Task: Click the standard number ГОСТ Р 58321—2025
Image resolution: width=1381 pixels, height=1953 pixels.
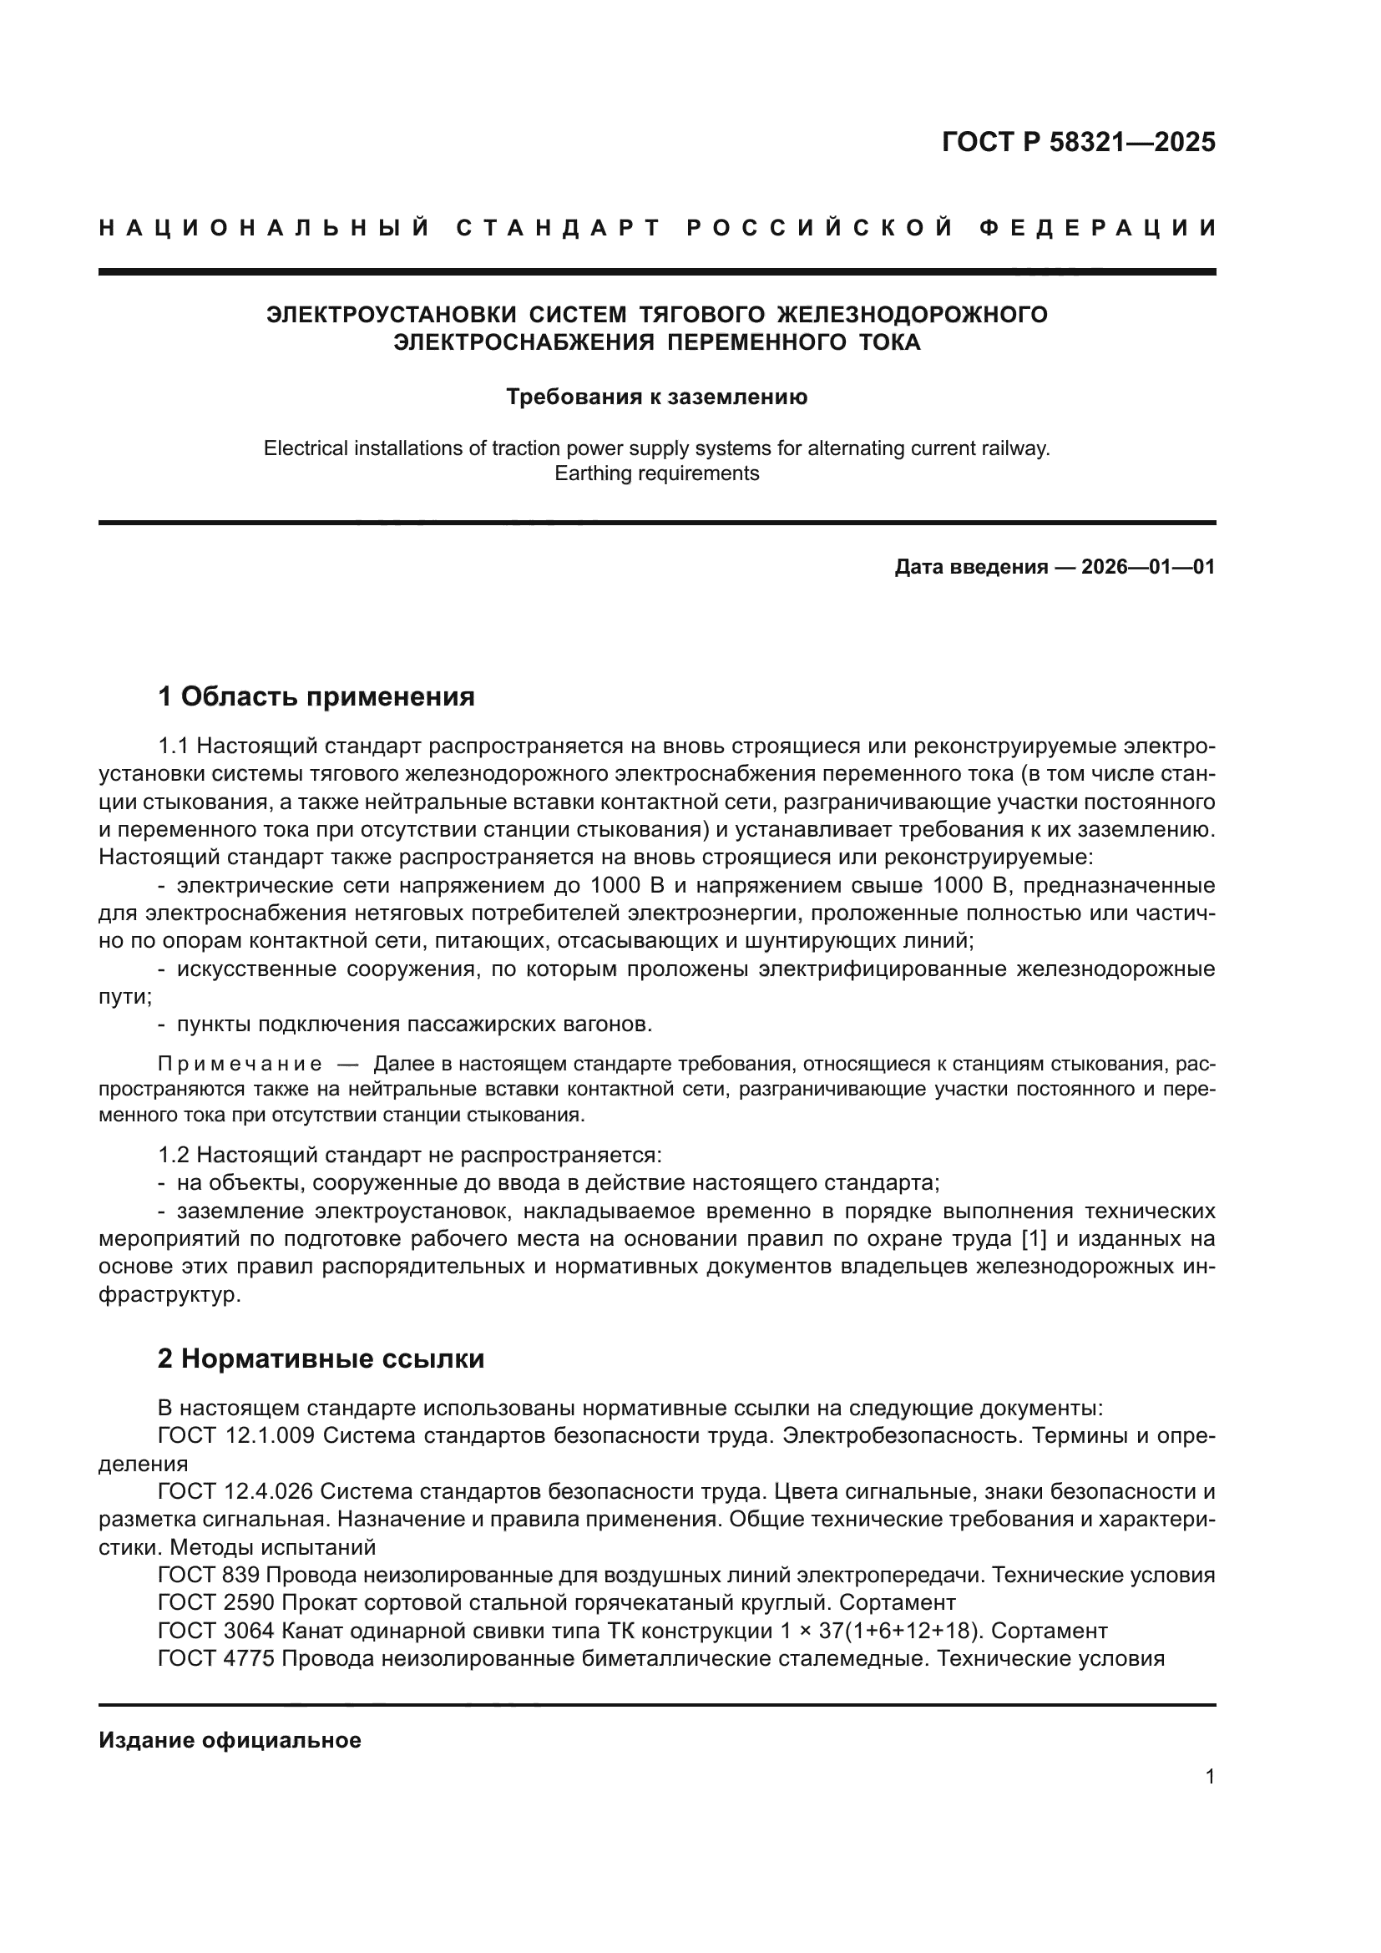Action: click(1077, 142)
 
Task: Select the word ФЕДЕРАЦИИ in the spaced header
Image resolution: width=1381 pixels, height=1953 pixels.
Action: click(1097, 228)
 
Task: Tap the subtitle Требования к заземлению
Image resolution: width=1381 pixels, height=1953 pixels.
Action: click(656, 397)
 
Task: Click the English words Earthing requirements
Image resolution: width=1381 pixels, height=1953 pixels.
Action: click(656, 473)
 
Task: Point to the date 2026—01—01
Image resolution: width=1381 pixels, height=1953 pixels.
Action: click(1147, 566)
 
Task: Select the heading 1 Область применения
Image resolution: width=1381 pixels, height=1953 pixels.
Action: click(316, 696)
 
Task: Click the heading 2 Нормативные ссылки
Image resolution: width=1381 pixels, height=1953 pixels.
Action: click(321, 1358)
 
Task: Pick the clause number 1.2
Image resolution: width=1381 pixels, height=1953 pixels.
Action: click(174, 1155)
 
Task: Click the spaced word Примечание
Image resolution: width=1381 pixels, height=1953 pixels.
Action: click(240, 1064)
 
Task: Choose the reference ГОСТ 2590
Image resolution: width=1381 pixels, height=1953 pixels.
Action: click(216, 1602)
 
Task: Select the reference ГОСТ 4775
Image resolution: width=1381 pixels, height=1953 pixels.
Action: click(216, 1658)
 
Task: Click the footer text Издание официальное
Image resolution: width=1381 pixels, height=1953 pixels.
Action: click(230, 1740)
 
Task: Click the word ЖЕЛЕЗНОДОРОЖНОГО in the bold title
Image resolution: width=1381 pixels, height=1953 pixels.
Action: click(913, 315)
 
